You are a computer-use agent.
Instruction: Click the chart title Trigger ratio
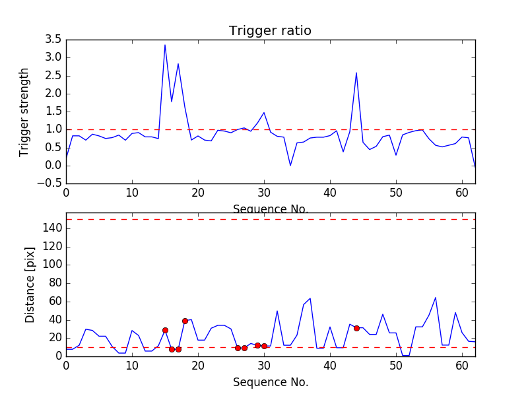pyautogui.click(x=270, y=31)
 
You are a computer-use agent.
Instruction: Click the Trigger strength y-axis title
pyautogui.click(x=24, y=112)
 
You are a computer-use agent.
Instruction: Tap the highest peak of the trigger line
pyautogui.click(x=165, y=45)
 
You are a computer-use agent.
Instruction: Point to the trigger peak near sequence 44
pyautogui.click(x=356, y=73)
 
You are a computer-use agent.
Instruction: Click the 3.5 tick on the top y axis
pyautogui.click(x=53, y=40)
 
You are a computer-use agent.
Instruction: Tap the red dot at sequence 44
pyautogui.click(x=356, y=328)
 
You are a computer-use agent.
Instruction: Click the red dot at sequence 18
pyautogui.click(x=185, y=321)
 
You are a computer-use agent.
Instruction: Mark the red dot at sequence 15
pyautogui.click(x=165, y=330)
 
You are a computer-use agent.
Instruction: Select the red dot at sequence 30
pyautogui.click(x=264, y=346)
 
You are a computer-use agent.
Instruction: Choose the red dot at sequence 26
pyautogui.click(x=238, y=348)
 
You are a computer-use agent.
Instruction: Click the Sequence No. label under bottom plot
pyautogui.click(x=270, y=382)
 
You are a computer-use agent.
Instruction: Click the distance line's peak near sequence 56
pyautogui.click(x=436, y=298)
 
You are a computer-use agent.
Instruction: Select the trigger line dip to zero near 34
pyautogui.click(x=290, y=165)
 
